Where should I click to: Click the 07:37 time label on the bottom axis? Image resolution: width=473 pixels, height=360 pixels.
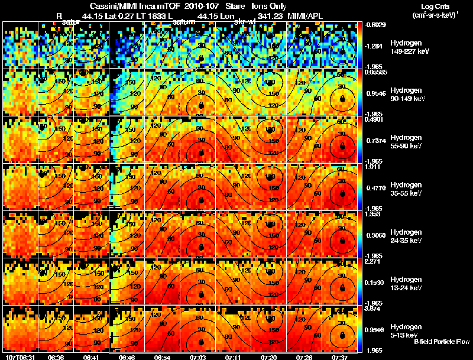coord(340,357)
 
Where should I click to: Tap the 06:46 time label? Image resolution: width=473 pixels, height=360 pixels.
coord(127,357)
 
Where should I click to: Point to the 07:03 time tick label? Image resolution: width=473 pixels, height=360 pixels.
coord(198,357)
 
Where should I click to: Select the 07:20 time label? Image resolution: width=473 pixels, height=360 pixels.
coord(268,357)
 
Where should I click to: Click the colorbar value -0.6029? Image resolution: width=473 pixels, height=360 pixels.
coord(376,25)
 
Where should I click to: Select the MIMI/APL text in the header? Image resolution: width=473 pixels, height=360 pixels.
coord(304,15)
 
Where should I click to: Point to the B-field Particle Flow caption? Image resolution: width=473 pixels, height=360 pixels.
coord(441,342)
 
